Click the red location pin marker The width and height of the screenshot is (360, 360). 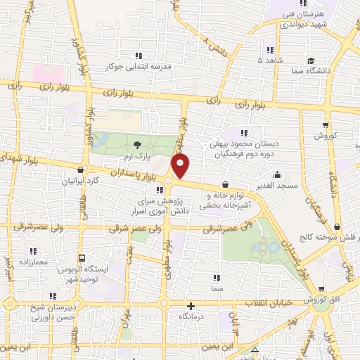pos(181,166)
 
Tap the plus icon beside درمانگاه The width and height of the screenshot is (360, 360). pos(191,307)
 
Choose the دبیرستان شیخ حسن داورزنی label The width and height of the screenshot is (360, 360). pos(51,312)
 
